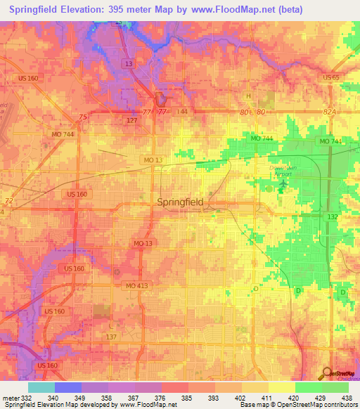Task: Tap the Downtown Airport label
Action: [x=283, y=172]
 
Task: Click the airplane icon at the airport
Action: [x=283, y=185]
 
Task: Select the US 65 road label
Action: [x=330, y=77]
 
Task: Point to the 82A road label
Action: [x=330, y=112]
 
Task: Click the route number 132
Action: [x=333, y=218]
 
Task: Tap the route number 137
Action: [x=111, y=337]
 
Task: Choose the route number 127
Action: [x=131, y=120]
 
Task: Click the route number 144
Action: [x=182, y=112]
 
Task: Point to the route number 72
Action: [x=9, y=201]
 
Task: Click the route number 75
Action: [x=84, y=117]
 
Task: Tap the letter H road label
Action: [x=247, y=96]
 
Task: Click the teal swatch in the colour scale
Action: [x=41, y=387]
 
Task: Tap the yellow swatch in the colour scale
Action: [x=281, y=387]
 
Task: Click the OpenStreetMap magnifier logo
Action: [x=326, y=375]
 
